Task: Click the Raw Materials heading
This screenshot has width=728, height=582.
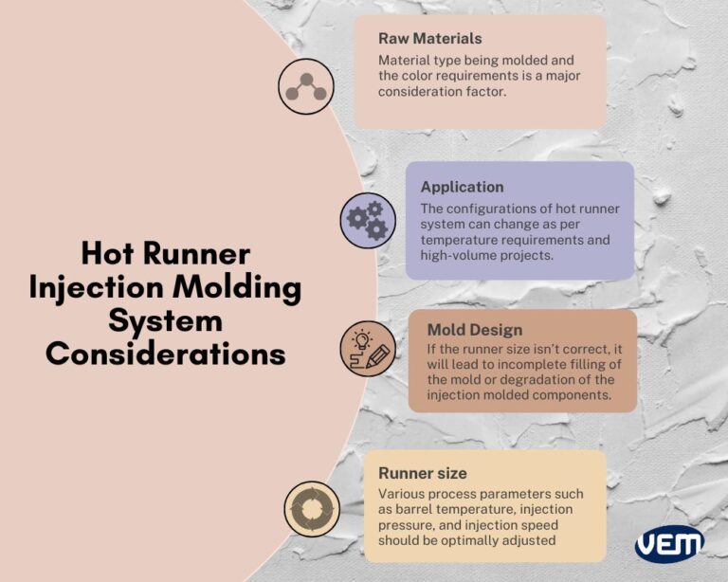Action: (430, 39)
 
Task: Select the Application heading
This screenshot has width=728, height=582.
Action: (462, 187)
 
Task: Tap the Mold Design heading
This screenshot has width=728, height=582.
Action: (474, 331)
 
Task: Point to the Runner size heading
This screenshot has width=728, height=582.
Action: (422, 473)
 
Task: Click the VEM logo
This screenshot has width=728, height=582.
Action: (669, 544)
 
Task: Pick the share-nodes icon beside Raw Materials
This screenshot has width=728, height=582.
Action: (306, 86)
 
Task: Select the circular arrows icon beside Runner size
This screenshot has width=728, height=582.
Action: (313, 506)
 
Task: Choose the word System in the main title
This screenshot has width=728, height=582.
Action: (165, 320)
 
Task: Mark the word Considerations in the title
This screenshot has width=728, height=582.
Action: (166, 354)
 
